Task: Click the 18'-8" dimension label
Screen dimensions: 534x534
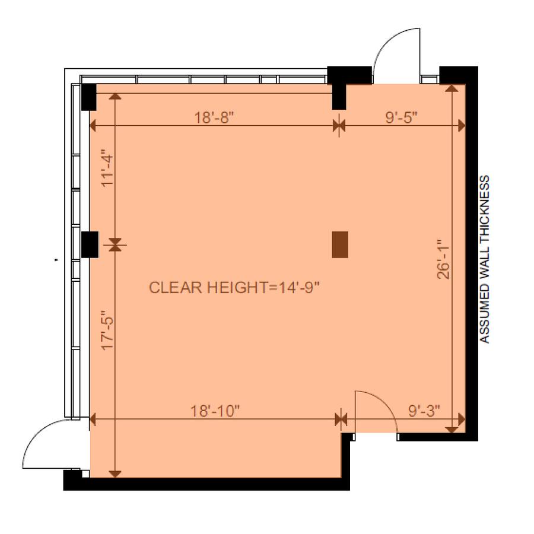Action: point(214,118)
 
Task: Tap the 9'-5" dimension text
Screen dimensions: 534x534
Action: point(401,118)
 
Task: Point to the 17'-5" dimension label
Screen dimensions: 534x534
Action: point(107,330)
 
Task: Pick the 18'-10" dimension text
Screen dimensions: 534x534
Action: point(215,411)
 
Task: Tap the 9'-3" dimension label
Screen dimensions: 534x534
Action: point(424,411)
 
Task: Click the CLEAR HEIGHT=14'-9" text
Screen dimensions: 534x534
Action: point(234,288)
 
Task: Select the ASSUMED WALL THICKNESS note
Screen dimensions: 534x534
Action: point(484,259)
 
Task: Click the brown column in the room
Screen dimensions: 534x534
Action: point(340,244)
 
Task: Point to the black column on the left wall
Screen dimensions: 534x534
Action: point(90,244)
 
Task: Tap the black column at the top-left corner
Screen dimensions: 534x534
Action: point(89,97)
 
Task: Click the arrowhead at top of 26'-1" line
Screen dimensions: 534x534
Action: point(452,88)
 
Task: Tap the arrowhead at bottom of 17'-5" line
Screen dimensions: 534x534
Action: point(115,474)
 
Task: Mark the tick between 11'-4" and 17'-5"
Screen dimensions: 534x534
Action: point(115,244)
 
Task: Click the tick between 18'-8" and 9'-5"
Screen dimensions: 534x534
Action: point(339,126)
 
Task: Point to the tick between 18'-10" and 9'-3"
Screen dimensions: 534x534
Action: point(341,419)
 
